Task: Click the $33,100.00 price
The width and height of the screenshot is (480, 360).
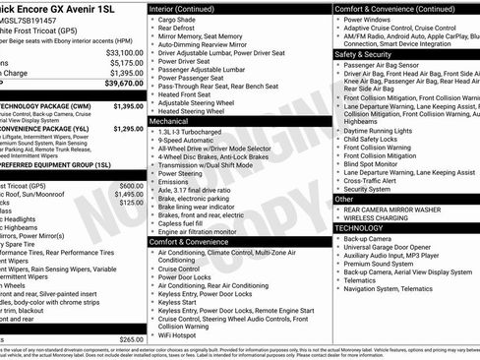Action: click(125, 52)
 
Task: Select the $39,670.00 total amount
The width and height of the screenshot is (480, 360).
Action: click(125, 86)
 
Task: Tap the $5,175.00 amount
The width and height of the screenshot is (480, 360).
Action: click(127, 62)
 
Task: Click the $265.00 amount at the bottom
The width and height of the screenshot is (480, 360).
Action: click(131, 339)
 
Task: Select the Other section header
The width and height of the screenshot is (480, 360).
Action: click(344, 199)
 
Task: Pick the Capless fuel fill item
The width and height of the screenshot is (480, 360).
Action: click(186, 222)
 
